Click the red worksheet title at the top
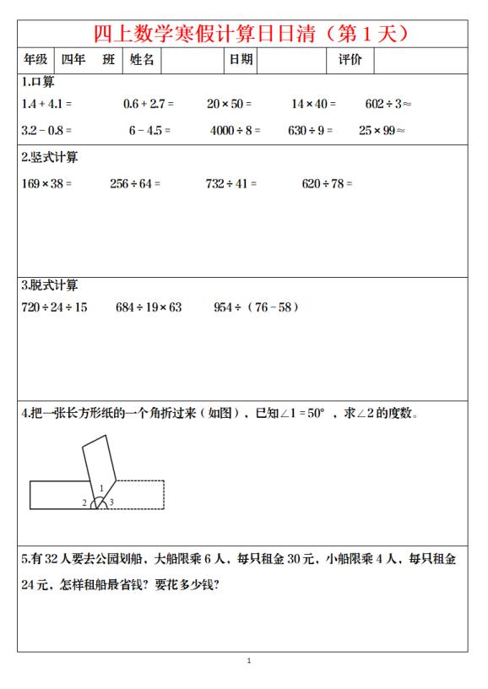click(x=251, y=35)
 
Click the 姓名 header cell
click(x=142, y=61)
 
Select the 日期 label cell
click(x=240, y=61)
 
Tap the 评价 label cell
click(x=350, y=61)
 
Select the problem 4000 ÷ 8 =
click(x=236, y=131)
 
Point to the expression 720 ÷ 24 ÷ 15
click(x=54, y=307)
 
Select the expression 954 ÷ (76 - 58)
click(x=256, y=307)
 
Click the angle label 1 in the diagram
click(x=101, y=488)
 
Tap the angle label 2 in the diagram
click(x=84, y=503)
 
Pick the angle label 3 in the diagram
click(x=111, y=503)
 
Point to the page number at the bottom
click(x=248, y=660)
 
